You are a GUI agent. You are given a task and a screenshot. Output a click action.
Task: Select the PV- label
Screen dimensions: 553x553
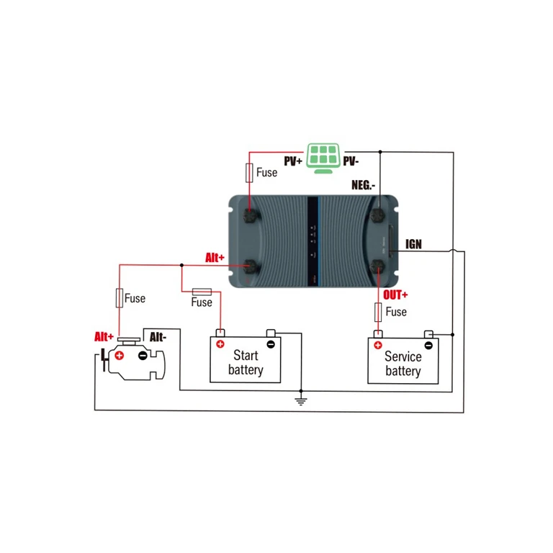(x=352, y=162)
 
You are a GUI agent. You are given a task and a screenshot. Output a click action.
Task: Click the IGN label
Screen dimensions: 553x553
(x=413, y=245)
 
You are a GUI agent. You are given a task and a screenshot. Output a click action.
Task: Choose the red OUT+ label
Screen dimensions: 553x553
(x=395, y=295)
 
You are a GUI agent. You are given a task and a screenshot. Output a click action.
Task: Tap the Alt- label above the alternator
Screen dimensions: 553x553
(x=160, y=336)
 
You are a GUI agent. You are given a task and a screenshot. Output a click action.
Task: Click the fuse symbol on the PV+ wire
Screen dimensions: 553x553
(x=249, y=173)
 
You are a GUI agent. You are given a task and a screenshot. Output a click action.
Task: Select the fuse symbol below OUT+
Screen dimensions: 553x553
(x=378, y=312)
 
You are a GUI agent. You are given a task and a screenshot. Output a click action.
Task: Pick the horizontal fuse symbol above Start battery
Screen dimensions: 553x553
(x=201, y=291)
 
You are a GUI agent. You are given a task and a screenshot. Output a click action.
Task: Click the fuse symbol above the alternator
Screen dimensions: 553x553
(x=120, y=298)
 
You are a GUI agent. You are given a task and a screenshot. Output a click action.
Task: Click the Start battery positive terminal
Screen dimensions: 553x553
(x=220, y=343)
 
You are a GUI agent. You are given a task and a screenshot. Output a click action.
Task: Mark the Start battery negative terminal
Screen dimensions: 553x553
(x=270, y=343)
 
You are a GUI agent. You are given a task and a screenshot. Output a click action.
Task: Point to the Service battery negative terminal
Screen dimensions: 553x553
(x=428, y=345)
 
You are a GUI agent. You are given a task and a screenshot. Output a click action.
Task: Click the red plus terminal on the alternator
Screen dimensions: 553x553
(x=120, y=355)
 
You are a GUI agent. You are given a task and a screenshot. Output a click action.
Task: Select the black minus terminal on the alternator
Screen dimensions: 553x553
(x=143, y=355)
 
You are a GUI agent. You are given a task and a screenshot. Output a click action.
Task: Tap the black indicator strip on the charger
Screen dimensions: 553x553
(x=313, y=230)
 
